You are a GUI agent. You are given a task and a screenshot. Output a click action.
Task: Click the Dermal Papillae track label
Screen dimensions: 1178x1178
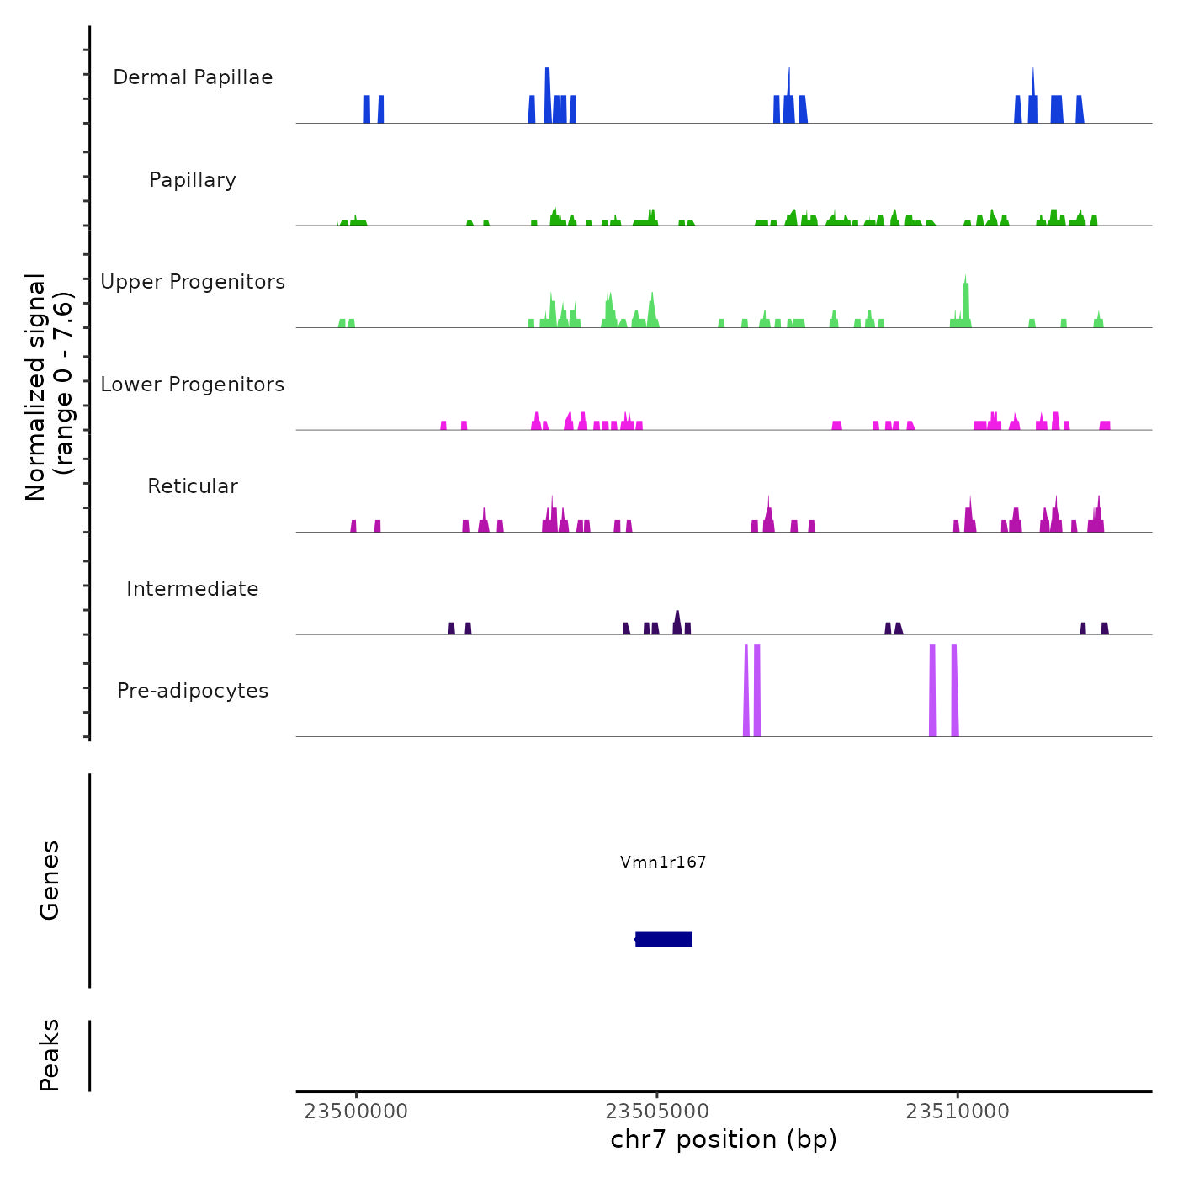pos(193,77)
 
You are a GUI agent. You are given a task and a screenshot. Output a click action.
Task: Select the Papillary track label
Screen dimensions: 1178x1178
pos(193,180)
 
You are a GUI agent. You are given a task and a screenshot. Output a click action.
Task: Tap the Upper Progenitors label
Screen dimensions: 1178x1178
pos(193,282)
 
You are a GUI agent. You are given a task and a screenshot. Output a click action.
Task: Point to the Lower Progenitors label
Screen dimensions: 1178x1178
pos(193,385)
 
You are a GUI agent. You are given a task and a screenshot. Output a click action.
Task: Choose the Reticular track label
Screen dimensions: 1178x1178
pos(193,486)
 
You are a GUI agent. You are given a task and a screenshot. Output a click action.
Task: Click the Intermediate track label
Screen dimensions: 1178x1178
pos(193,589)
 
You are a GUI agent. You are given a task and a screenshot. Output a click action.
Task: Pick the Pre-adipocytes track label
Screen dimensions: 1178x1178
pos(193,691)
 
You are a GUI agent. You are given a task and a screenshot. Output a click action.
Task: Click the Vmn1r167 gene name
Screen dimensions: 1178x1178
pos(663,862)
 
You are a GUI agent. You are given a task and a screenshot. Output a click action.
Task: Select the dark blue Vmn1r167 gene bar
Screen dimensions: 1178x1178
pos(664,939)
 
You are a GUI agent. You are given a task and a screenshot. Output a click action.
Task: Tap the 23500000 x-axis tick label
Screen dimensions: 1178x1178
pos(356,1112)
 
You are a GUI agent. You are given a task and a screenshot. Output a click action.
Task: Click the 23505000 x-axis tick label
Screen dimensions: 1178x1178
pos(657,1112)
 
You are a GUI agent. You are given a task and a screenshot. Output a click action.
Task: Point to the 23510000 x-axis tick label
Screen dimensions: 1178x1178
pos(958,1112)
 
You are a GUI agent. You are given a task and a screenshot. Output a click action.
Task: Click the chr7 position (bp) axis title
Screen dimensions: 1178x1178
pos(724,1139)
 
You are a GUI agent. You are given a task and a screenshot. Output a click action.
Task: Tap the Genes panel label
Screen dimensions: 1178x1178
pos(50,880)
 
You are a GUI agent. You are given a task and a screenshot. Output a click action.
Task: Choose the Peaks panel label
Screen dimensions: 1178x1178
pos(50,1055)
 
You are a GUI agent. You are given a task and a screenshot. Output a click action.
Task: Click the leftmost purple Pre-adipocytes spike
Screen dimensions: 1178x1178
pos(746,690)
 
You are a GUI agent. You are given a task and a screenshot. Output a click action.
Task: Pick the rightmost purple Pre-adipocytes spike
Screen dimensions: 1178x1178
pos(954,690)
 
